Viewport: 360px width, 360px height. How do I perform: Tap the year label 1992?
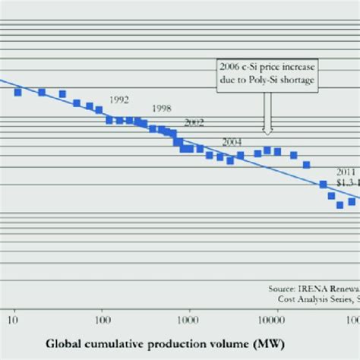[119, 99]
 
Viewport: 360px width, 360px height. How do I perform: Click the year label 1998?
[162, 109]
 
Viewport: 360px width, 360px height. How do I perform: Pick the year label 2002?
[194, 122]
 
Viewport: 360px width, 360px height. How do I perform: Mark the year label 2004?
[232, 142]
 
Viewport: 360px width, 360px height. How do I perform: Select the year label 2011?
[347, 172]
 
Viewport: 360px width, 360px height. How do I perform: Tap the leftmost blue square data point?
[17, 91]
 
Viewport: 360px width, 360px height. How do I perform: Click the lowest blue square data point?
[340, 205]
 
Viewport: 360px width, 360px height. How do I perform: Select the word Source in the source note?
[283, 289]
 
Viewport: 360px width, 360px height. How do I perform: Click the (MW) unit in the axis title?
[270, 344]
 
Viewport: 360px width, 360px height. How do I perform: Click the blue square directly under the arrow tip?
[267, 150]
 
